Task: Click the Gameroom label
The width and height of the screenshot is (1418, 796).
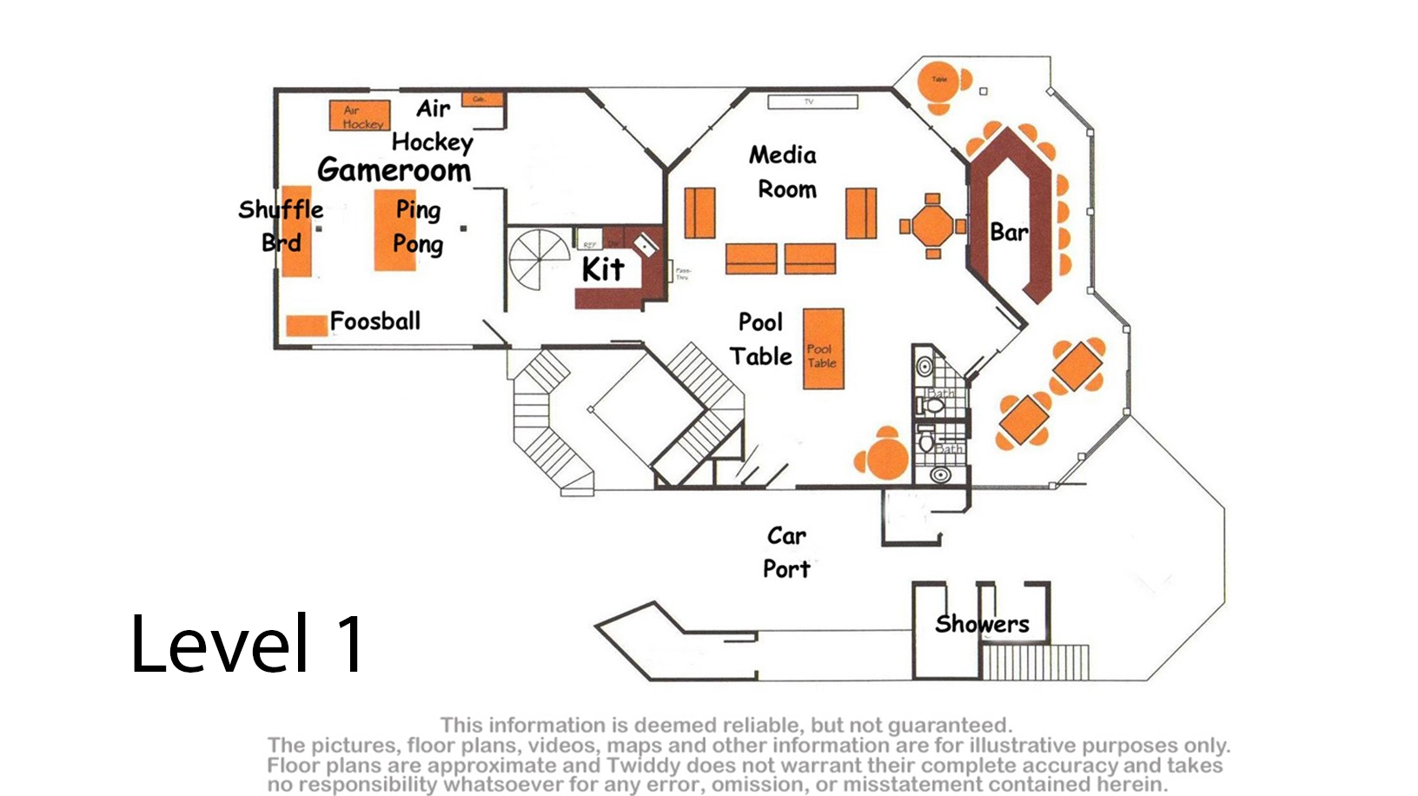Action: (394, 170)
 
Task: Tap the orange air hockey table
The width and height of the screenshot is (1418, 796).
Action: (359, 116)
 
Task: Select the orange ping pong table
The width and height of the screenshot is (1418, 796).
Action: (394, 230)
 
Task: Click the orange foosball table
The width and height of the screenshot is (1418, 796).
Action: (307, 326)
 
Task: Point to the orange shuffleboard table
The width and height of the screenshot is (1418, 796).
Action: (296, 231)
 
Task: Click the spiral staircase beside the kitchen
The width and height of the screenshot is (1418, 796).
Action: (540, 260)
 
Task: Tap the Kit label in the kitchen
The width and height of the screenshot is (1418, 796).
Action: (603, 269)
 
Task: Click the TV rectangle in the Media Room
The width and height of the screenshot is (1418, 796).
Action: (812, 103)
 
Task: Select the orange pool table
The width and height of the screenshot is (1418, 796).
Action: (823, 348)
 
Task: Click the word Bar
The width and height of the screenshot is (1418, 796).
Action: (1009, 233)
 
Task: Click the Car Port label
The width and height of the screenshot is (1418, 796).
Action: (786, 552)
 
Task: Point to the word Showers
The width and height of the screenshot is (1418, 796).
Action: (982, 624)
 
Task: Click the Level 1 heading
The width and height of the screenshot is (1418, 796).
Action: (248, 644)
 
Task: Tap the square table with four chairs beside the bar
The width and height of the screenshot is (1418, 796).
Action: (932, 227)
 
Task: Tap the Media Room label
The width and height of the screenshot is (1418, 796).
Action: (785, 172)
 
